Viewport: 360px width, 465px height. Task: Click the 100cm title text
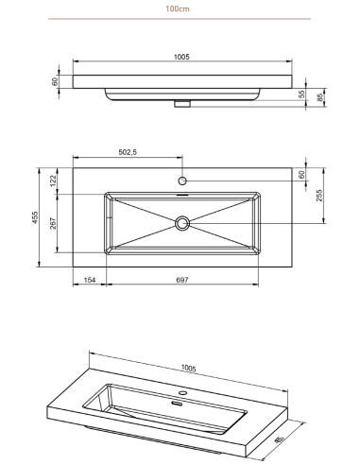178,9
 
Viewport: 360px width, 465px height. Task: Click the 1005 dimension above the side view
181,57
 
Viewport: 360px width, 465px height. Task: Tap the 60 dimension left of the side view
55,81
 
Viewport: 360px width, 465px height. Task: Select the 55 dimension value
301,95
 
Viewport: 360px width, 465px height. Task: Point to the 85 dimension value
320,97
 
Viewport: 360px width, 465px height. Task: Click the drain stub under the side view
182,104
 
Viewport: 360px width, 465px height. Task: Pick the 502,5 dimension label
128,152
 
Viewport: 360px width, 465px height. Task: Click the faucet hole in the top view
182,181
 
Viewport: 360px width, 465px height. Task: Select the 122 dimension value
53,181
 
